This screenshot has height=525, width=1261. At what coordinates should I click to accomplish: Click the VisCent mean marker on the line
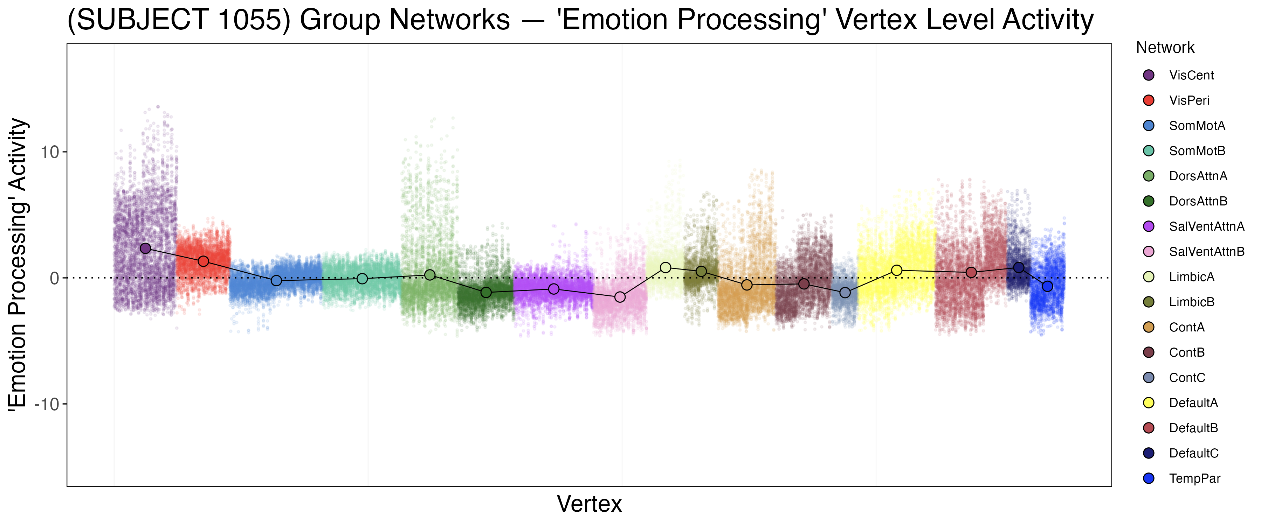tap(145, 248)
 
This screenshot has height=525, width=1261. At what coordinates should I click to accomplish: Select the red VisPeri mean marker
tap(204, 261)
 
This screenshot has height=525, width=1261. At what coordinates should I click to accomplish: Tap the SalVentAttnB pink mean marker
tap(620, 297)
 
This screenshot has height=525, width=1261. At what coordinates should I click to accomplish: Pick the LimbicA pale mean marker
tap(665, 267)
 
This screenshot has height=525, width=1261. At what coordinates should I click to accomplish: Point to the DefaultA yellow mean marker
tap(897, 270)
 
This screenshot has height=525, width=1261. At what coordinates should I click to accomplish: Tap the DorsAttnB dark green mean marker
tap(486, 293)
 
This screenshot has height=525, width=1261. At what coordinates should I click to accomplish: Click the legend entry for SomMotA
tap(1197, 126)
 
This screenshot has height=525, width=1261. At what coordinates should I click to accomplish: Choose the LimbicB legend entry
tap(1192, 302)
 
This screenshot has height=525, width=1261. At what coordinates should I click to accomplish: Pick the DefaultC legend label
tap(1193, 453)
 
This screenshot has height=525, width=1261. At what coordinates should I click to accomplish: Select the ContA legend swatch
tap(1149, 327)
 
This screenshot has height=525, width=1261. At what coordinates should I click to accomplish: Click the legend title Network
tap(1165, 48)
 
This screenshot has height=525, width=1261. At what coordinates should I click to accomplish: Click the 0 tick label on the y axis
tap(54, 278)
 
